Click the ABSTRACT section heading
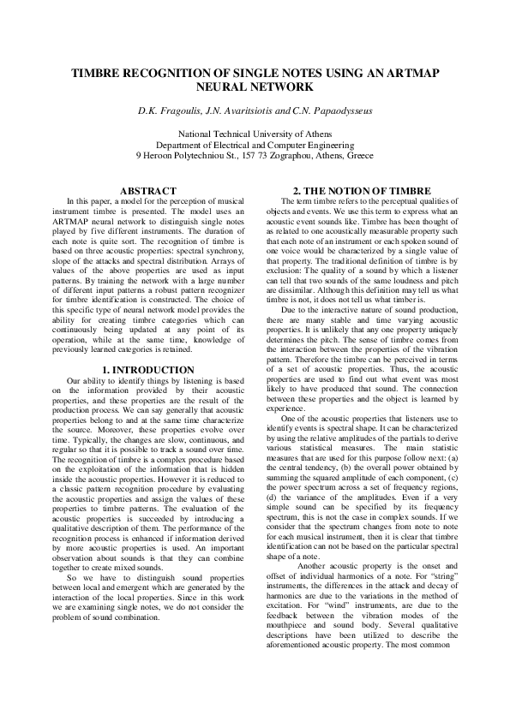[148, 190]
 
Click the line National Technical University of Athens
[255, 134]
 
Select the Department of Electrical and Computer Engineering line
[255, 146]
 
